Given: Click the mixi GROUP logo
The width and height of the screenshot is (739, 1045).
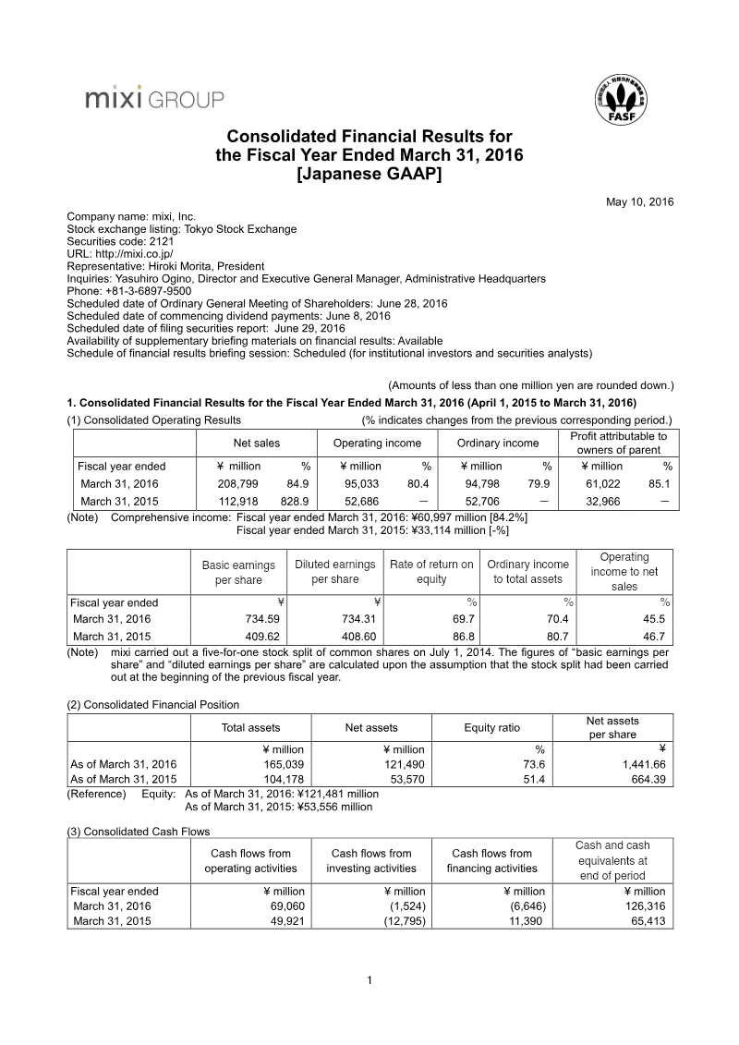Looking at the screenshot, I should pyautogui.click(x=153, y=98).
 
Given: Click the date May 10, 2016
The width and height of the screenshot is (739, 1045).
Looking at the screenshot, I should pyautogui.click(x=640, y=201).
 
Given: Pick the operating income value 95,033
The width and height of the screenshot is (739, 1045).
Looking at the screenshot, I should pyautogui.click(x=364, y=483).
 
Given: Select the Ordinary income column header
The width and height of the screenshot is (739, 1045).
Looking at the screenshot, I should pyautogui.click(x=498, y=443).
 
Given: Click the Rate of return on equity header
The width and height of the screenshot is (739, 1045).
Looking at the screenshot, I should pyautogui.click(x=431, y=572).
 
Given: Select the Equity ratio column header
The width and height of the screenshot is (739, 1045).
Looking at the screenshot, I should pyautogui.click(x=491, y=728).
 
